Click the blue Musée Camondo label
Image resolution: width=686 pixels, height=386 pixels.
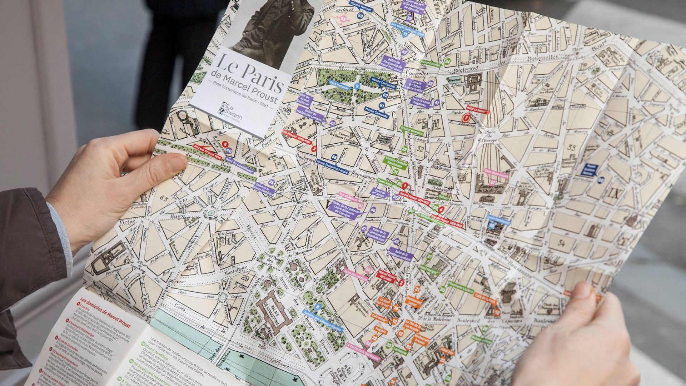tap(377, 113)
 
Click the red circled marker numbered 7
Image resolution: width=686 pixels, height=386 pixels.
tap(466, 118)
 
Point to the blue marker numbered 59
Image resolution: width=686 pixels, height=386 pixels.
tap(360, 16)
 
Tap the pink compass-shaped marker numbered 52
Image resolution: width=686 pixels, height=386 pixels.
tap(343, 19)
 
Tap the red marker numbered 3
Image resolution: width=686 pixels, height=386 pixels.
tap(314, 148)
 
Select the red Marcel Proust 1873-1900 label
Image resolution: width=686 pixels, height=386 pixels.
tap(386, 276)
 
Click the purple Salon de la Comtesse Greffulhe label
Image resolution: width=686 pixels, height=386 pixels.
tap(401, 254)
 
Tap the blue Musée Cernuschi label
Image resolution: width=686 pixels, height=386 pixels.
tap(383, 83)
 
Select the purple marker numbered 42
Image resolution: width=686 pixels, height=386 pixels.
tap(404, 52)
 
